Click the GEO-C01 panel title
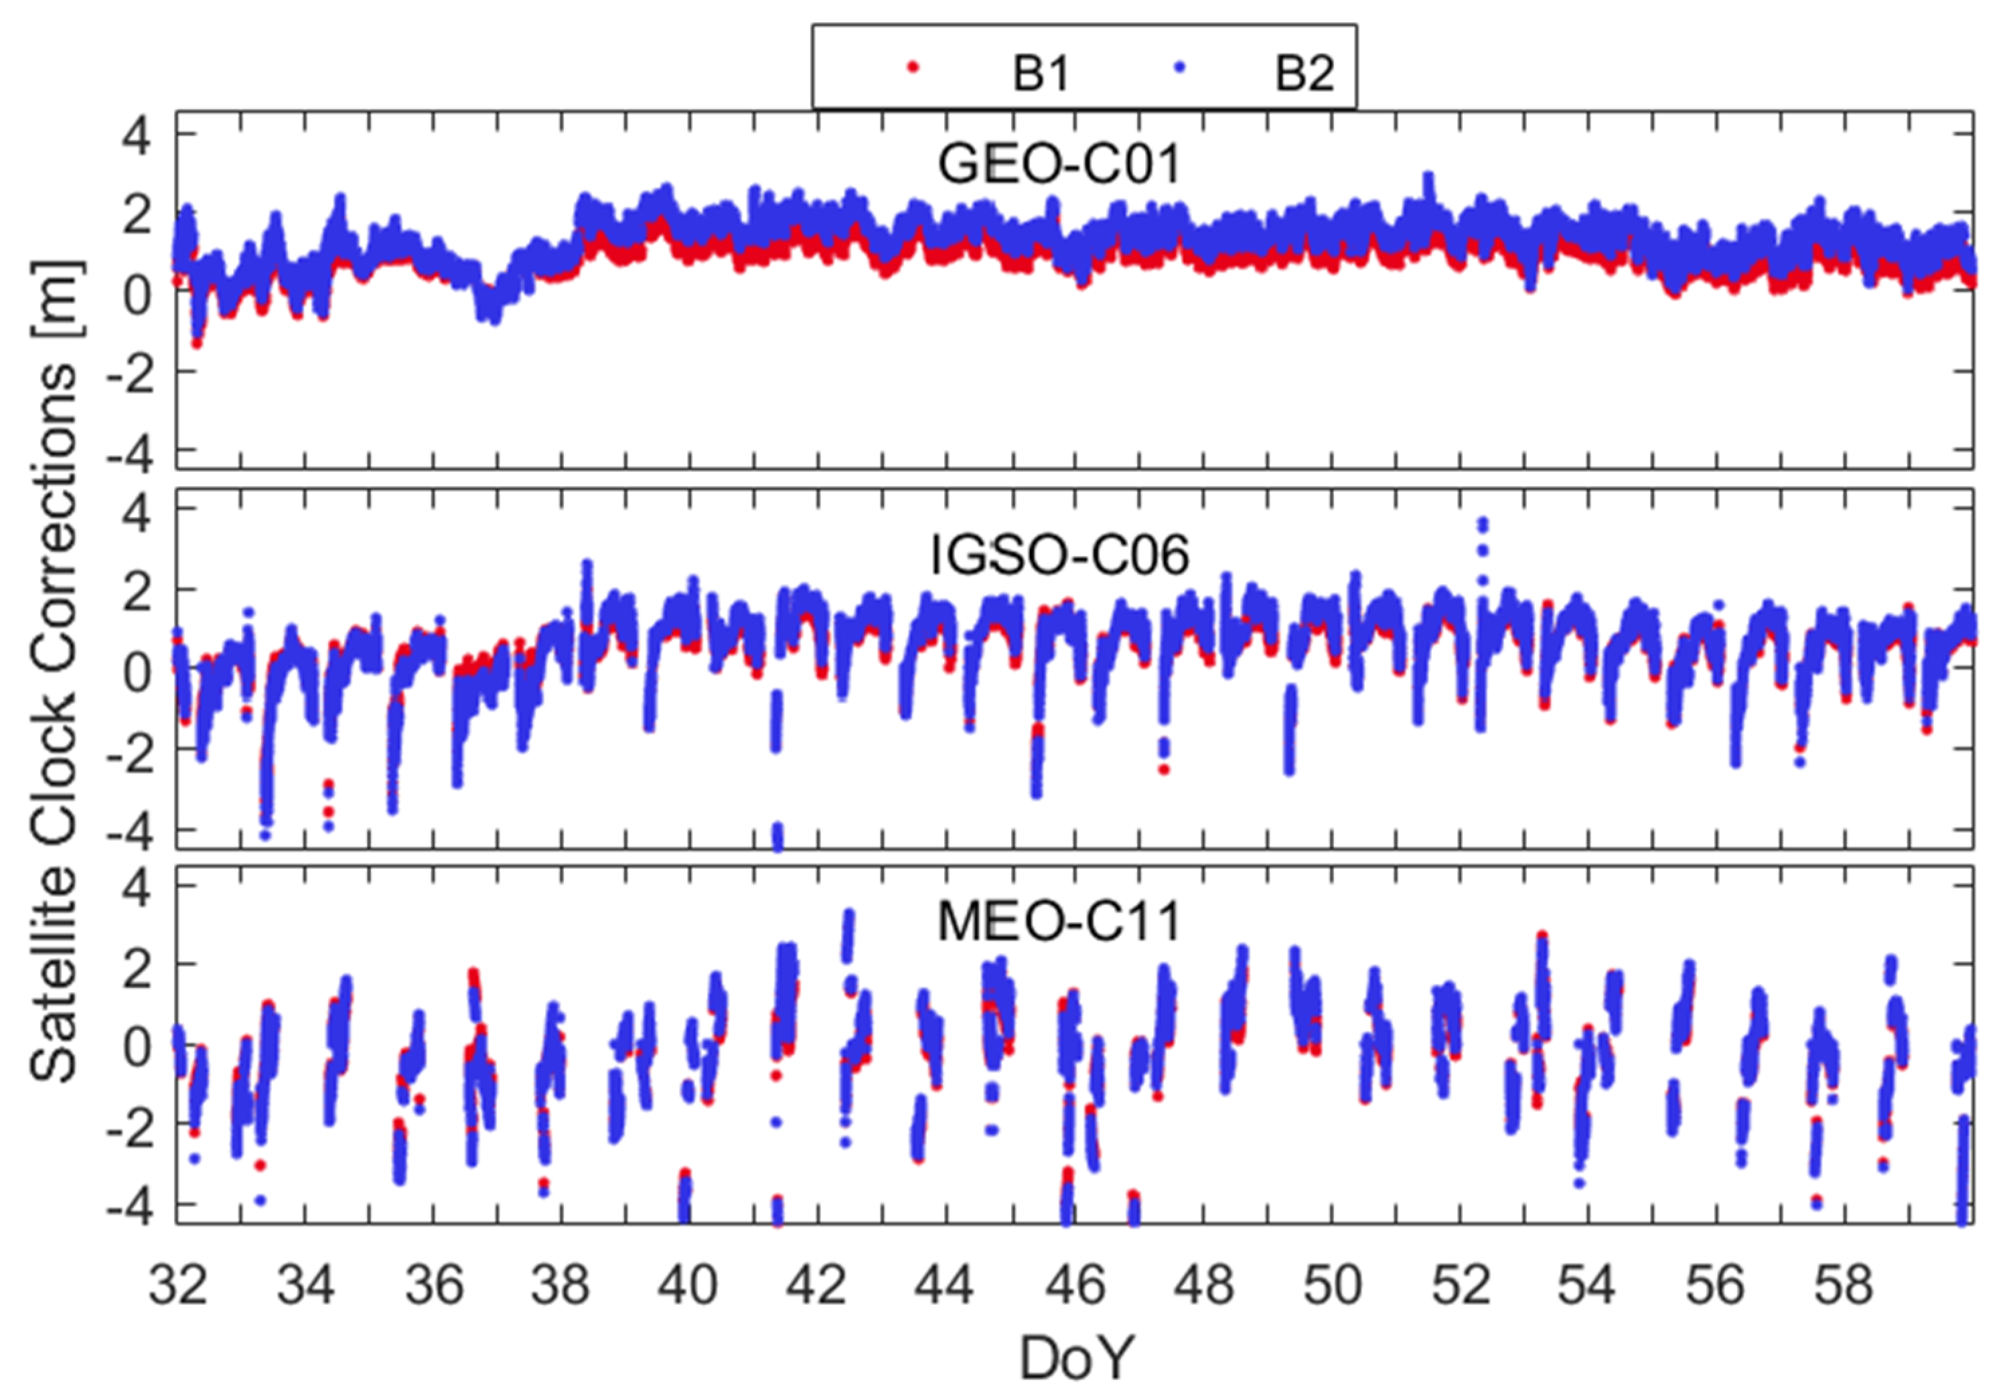[x=1059, y=163]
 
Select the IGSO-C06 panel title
[x=1059, y=554]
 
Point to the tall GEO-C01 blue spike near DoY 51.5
[x=1429, y=180]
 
